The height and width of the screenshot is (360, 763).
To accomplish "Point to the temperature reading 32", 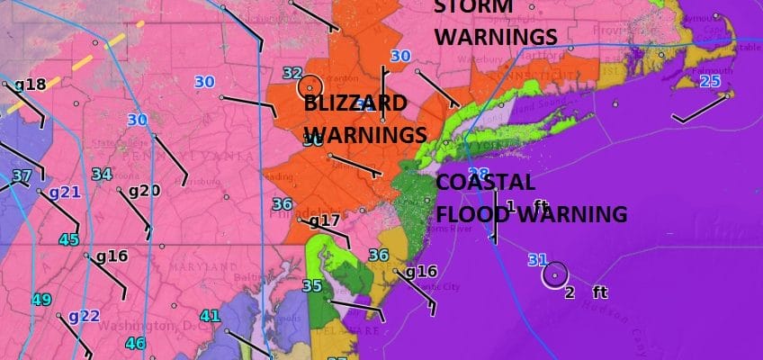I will click(292, 74).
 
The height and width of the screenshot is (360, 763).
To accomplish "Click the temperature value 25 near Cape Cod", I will click(710, 82).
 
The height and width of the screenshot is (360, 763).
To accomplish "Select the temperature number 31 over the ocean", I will click(537, 260).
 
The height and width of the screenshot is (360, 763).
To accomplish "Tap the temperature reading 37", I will click(22, 175).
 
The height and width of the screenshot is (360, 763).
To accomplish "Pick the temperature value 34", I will click(102, 175).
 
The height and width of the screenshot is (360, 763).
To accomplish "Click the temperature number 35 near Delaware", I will click(311, 286).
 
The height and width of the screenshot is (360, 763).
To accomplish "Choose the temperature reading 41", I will click(210, 315).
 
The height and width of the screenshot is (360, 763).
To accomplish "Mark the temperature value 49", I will click(41, 300).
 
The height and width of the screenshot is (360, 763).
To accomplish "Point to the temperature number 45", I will click(68, 239).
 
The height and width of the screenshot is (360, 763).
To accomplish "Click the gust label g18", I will click(29, 85).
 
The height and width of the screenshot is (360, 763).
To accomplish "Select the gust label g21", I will click(65, 192).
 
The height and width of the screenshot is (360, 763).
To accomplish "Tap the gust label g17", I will click(324, 220).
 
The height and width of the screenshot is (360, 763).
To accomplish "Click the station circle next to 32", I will click(311, 86).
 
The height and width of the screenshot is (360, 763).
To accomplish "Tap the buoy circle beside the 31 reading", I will click(555, 274).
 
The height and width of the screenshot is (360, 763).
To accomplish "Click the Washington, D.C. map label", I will click(135, 326).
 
